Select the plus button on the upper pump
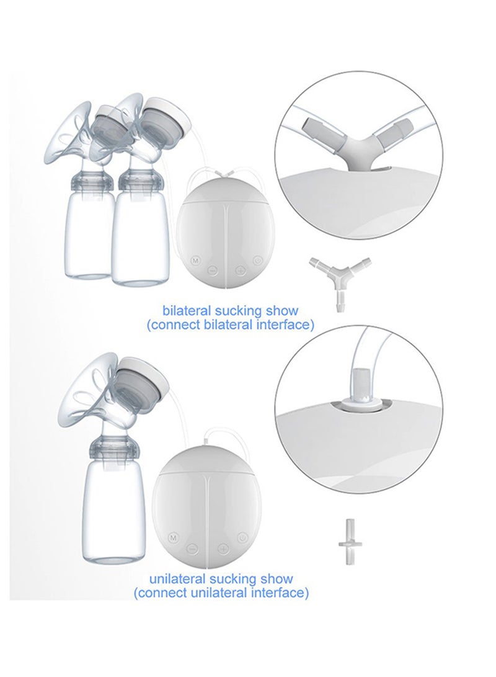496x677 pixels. (240, 271)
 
